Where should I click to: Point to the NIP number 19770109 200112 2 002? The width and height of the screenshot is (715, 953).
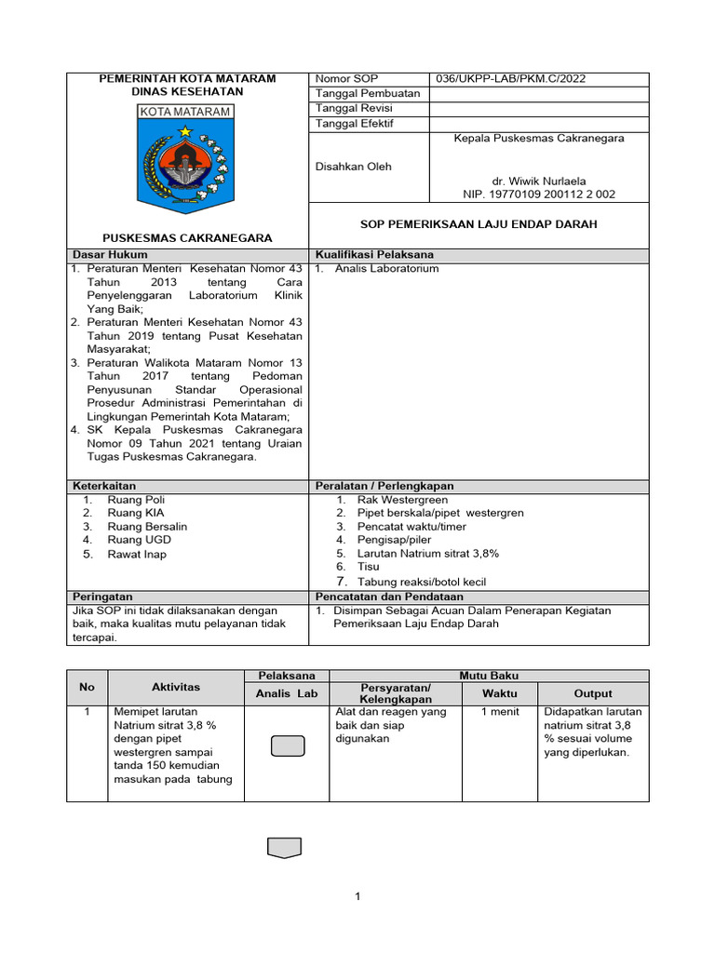pos(539,195)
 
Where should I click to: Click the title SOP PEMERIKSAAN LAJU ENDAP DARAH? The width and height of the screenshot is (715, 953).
pos(479,224)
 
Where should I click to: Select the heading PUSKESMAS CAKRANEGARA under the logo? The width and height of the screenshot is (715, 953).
pos(187,238)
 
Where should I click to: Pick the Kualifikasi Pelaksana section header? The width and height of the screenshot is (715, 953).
pos(374,254)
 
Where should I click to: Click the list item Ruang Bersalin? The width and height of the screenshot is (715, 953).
pos(147,526)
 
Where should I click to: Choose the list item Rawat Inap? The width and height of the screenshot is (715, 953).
pos(137,554)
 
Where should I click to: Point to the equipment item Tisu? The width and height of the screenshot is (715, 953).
pos(368,566)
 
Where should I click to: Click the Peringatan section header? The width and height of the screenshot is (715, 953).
pos(102,597)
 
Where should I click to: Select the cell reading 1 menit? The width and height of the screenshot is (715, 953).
pos(499,712)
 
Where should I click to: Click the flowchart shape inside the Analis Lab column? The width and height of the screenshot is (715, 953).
pos(287,746)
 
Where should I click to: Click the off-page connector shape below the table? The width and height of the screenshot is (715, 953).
pos(284,847)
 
